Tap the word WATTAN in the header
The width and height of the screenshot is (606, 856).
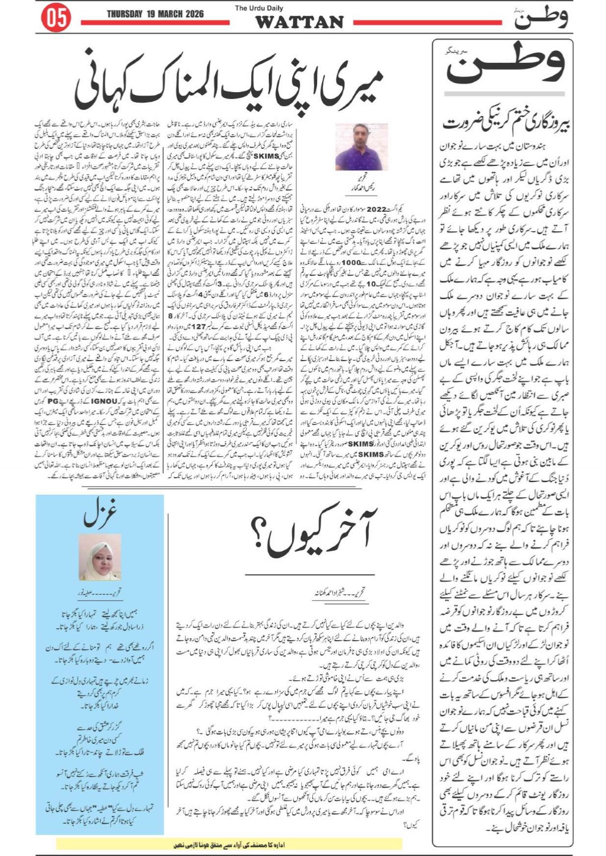(x=299, y=23)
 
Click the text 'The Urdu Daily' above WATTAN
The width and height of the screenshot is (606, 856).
(x=259, y=8)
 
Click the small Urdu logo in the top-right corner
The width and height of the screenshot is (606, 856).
(x=541, y=18)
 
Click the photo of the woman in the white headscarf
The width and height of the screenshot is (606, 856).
(x=100, y=557)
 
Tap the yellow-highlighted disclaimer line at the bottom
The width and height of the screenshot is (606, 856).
(x=229, y=844)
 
